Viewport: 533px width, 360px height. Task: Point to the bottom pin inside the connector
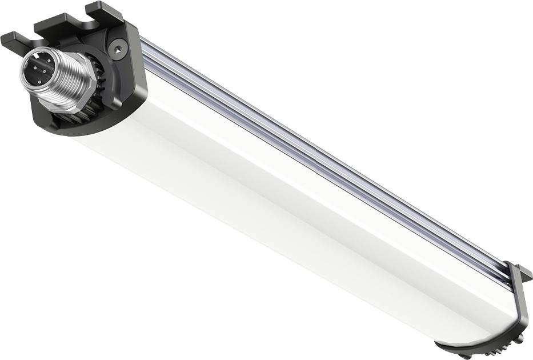[40, 82]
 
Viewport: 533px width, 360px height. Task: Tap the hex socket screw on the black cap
[117, 50]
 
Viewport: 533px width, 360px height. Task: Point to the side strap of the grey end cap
[523, 303]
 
